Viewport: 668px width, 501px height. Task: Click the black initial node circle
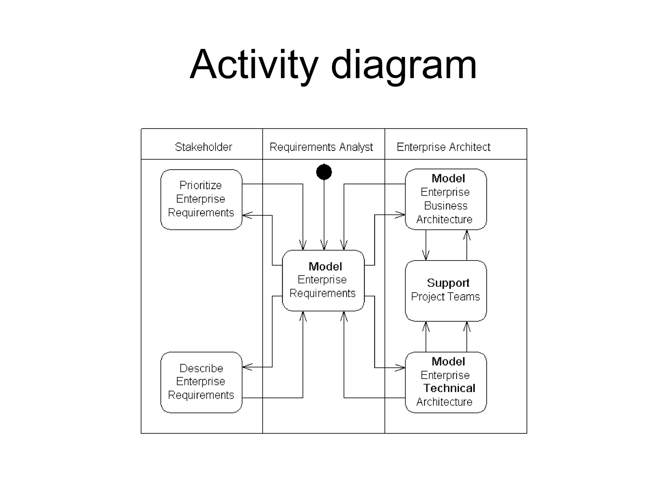pyautogui.click(x=324, y=172)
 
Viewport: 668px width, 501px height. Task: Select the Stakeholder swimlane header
pyautogui.click(x=203, y=147)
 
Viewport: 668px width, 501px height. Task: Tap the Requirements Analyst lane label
pyautogui.click(x=321, y=147)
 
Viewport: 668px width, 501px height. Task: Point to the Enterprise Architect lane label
pyautogui.click(x=443, y=147)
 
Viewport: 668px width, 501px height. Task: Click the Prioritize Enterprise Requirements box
pyautogui.click(x=201, y=199)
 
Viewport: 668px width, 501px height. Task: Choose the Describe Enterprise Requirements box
pyautogui.click(x=201, y=382)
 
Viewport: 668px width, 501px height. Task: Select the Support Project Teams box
pyautogui.click(x=446, y=291)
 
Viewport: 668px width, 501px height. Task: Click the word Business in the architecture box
pyautogui.click(x=446, y=206)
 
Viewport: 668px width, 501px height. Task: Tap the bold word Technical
pyautogui.click(x=449, y=388)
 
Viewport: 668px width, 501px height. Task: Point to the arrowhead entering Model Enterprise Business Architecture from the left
pyautogui.click(x=401, y=215)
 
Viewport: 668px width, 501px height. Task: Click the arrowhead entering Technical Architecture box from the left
pyautogui.click(x=401, y=368)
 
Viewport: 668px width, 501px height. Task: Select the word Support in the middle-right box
pyautogui.click(x=448, y=283)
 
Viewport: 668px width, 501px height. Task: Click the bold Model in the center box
pyautogui.click(x=325, y=266)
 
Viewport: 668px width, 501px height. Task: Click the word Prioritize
pyautogui.click(x=201, y=185)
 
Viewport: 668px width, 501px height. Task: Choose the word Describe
pyautogui.click(x=201, y=368)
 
